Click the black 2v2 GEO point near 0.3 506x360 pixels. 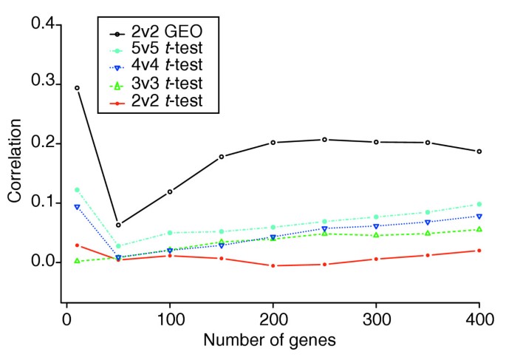pyautogui.click(x=77, y=88)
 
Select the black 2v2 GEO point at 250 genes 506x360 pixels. pyautogui.click(x=324, y=140)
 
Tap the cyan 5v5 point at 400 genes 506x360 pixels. pyautogui.click(x=479, y=204)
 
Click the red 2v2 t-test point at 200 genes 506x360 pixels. pyautogui.click(x=273, y=265)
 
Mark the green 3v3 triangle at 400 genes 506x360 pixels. pyautogui.click(x=479, y=229)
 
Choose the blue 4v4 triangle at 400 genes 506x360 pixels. pyautogui.click(x=479, y=216)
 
